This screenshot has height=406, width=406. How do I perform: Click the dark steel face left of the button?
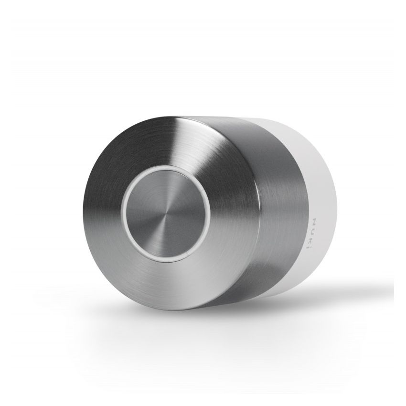coord(103,210)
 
